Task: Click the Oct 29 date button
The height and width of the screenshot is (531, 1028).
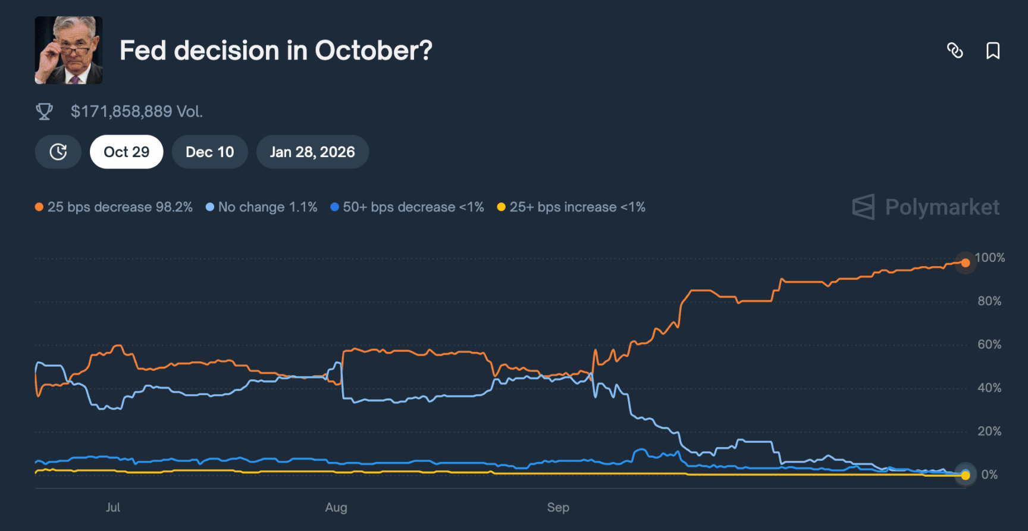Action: [126, 152]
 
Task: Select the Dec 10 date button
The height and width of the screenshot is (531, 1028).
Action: [209, 152]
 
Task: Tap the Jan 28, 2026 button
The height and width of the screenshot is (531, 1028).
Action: [312, 152]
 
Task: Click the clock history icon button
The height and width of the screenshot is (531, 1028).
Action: [58, 152]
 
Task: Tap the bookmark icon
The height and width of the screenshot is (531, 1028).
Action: [992, 51]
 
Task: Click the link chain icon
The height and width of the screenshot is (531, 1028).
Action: [955, 51]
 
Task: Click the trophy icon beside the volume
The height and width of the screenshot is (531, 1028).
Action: [44, 111]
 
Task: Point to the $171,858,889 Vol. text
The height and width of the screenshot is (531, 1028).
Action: [136, 111]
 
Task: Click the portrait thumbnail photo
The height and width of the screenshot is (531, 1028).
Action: [68, 50]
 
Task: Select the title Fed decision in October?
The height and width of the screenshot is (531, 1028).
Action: [275, 51]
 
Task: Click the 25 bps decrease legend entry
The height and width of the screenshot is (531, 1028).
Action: [114, 207]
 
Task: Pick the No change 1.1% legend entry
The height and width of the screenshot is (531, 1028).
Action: [261, 207]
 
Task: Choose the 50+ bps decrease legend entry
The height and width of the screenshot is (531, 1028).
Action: [407, 207]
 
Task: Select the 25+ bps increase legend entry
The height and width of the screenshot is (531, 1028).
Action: [571, 207]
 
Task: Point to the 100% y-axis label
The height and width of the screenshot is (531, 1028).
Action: [990, 258]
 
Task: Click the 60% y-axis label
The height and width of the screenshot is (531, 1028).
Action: [989, 345]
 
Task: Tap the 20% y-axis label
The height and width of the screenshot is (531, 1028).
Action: [989, 432]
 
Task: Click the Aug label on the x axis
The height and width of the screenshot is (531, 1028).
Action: [336, 508]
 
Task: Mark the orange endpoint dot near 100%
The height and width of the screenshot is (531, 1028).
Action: [965, 263]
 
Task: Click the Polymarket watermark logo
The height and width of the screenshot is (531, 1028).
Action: [926, 207]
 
